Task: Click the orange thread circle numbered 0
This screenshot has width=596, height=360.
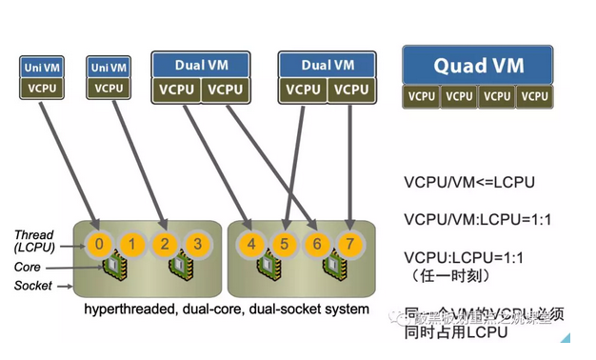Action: [100, 244]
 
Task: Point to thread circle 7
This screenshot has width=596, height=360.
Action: [349, 244]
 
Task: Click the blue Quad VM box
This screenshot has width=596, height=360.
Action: [478, 67]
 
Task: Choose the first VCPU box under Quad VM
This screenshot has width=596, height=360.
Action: [422, 96]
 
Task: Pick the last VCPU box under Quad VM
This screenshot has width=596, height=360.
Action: [535, 96]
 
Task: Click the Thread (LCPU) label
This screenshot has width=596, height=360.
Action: [34, 241]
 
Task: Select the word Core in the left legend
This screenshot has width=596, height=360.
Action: [28, 268]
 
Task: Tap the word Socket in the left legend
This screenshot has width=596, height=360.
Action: [32, 285]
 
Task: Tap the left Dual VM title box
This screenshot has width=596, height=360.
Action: [200, 65]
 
